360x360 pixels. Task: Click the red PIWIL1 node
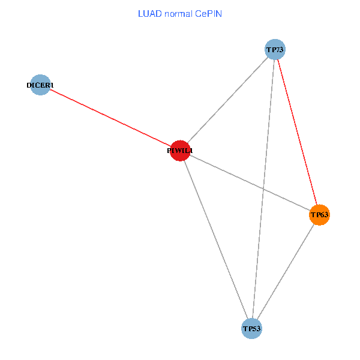point(180,151)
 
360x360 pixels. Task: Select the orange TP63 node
point(319,215)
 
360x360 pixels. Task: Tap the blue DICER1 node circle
point(40,85)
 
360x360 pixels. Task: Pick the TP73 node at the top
point(275,49)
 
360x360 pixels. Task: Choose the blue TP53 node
point(251,329)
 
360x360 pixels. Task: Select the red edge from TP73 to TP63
point(297,132)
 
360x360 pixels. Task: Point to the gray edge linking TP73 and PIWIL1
point(227,100)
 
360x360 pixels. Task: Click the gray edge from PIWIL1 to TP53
point(216,240)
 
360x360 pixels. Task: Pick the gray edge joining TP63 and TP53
point(286,272)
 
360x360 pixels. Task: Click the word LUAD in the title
point(149,13)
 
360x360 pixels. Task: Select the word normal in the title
point(179,13)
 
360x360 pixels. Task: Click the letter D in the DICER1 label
point(29,86)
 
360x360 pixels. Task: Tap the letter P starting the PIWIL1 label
point(169,151)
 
